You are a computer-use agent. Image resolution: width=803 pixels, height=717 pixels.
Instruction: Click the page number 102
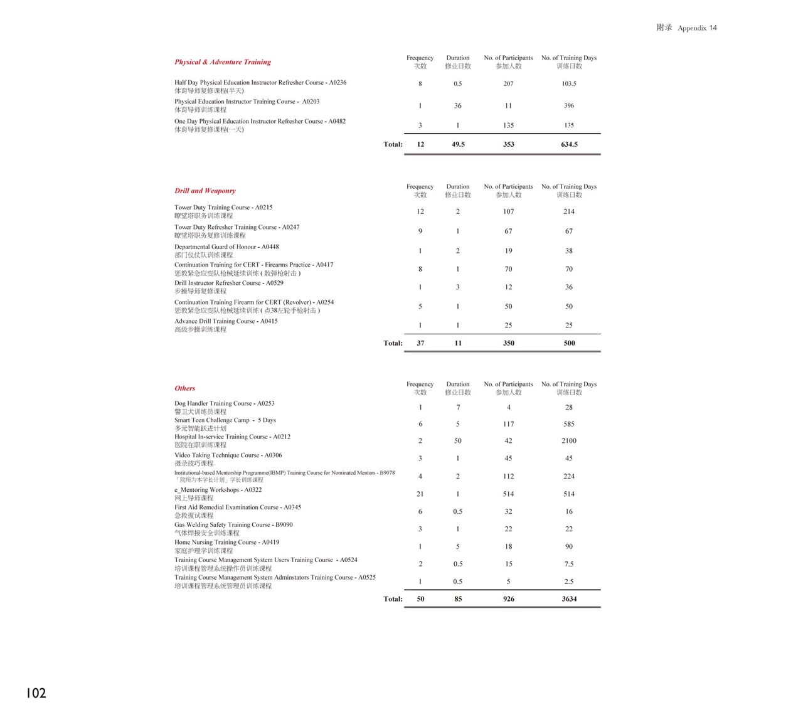[x=36, y=693]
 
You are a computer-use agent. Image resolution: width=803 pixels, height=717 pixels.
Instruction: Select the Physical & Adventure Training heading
[x=223, y=62]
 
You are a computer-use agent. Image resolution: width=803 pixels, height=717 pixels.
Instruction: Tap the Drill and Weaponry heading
[x=205, y=191]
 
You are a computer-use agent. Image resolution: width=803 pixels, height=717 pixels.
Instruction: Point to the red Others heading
[x=184, y=388]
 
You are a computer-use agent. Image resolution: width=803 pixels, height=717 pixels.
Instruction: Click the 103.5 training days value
[x=569, y=83]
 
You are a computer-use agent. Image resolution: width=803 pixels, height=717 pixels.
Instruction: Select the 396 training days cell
[x=569, y=105]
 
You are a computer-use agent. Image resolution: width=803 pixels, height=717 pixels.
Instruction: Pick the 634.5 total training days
[x=569, y=144]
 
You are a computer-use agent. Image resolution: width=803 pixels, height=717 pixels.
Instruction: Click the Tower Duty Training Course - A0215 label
[x=223, y=207]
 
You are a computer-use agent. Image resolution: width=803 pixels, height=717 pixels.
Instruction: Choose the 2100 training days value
[x=569, y=441]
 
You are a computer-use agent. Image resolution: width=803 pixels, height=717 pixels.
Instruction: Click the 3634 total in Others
[x=569, y=599]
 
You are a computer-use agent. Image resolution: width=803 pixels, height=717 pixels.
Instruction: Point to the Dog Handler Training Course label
[x=225, y=403]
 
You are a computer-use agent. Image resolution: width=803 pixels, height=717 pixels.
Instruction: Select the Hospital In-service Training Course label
[x=232, y=437]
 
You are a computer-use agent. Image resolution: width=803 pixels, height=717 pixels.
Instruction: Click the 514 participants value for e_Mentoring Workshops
[x=508, y=494]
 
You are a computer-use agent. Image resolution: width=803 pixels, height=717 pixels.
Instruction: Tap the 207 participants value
[x=508, y=83]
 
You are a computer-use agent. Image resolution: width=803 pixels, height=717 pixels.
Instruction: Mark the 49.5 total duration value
[x=458, y=144]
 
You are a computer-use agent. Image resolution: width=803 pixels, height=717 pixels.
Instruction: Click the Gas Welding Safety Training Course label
[x=233, y=524]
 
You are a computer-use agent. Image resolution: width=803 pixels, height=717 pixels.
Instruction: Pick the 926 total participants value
[x=508, y=599]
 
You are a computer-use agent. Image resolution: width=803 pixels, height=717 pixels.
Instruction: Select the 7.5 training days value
[x=569, y=564]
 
